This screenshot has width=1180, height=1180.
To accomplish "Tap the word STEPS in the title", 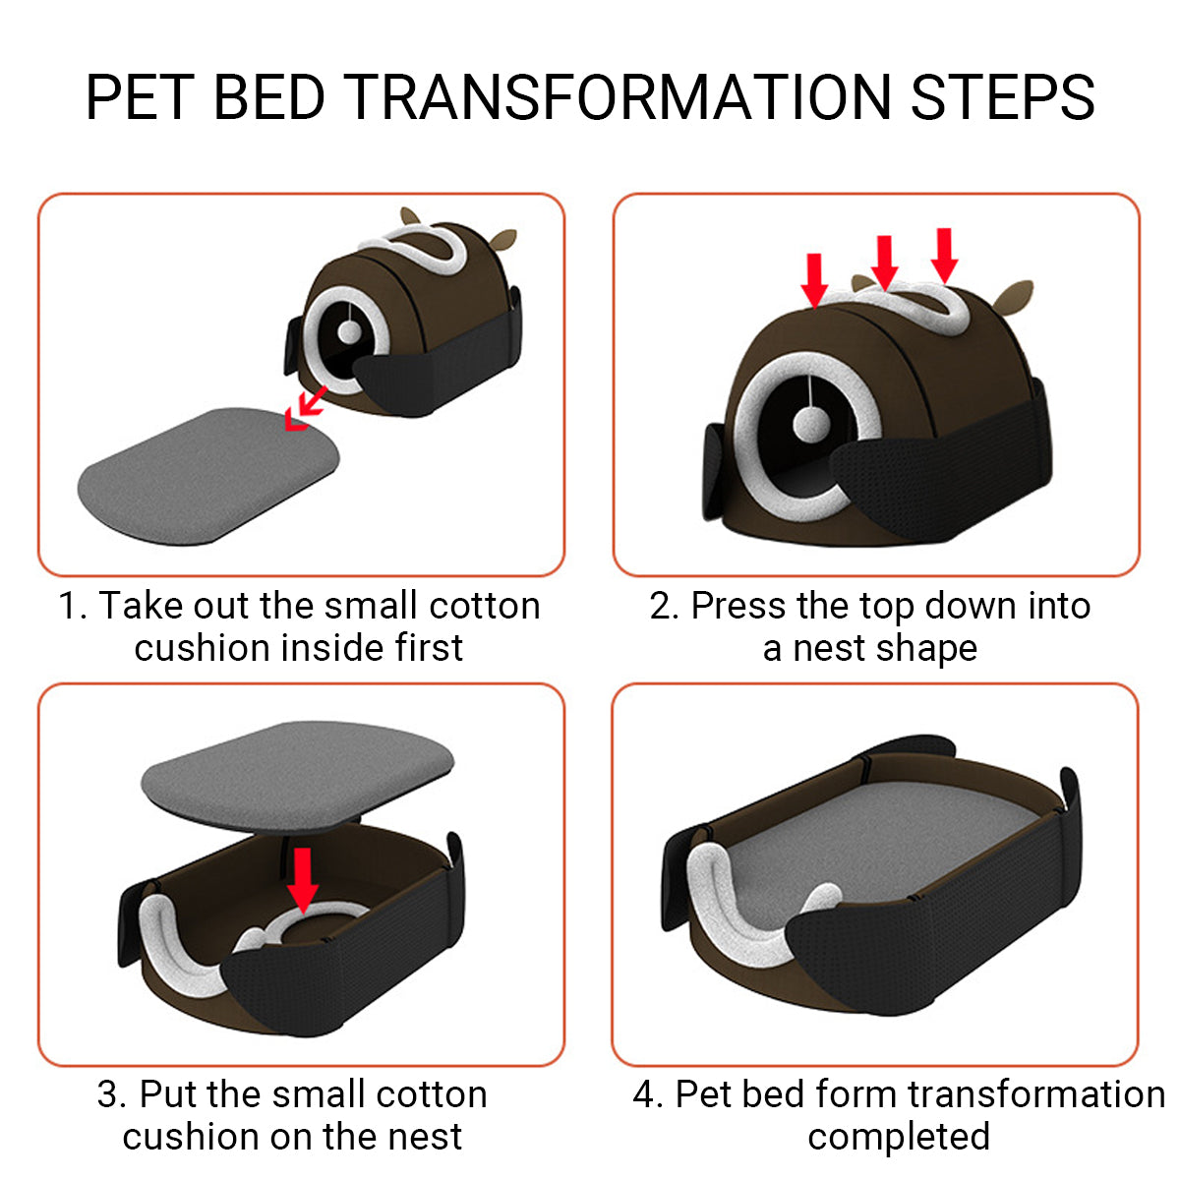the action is (1003, 96).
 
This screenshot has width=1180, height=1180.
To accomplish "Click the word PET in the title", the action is (140, 96).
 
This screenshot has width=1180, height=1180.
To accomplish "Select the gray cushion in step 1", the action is (208, 476).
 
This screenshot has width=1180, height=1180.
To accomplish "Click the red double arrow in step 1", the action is (306, 409).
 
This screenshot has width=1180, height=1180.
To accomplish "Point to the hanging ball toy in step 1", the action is (350, 331).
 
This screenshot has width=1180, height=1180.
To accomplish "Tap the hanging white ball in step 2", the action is (811, 424).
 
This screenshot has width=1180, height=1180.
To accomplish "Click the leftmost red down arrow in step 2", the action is (814, 280).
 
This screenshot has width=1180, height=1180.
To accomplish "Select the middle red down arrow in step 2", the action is (884, 263).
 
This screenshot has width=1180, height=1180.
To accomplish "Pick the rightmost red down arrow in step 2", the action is (944, 256).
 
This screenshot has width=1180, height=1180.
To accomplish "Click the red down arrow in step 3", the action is (303, 880).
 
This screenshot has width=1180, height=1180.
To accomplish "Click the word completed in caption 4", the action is (899, 1137).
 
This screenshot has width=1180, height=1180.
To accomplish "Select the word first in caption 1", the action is (430, 647).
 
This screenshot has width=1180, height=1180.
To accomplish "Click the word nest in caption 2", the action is (829, 649).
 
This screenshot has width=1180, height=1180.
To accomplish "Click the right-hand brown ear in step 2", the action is (1014, 298).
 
